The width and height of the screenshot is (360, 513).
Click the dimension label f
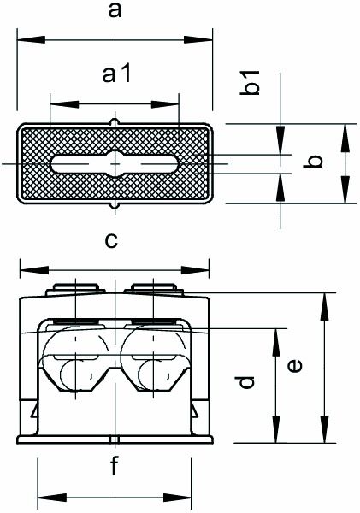[x=115, y=467]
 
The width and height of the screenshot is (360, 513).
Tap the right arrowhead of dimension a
[x=205, y=38]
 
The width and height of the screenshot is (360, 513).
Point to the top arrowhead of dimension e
[x=324, y=299]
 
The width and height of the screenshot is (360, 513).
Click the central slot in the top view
[x=115, y=163]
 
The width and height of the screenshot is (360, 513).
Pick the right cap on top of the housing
[x=154, y=288]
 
